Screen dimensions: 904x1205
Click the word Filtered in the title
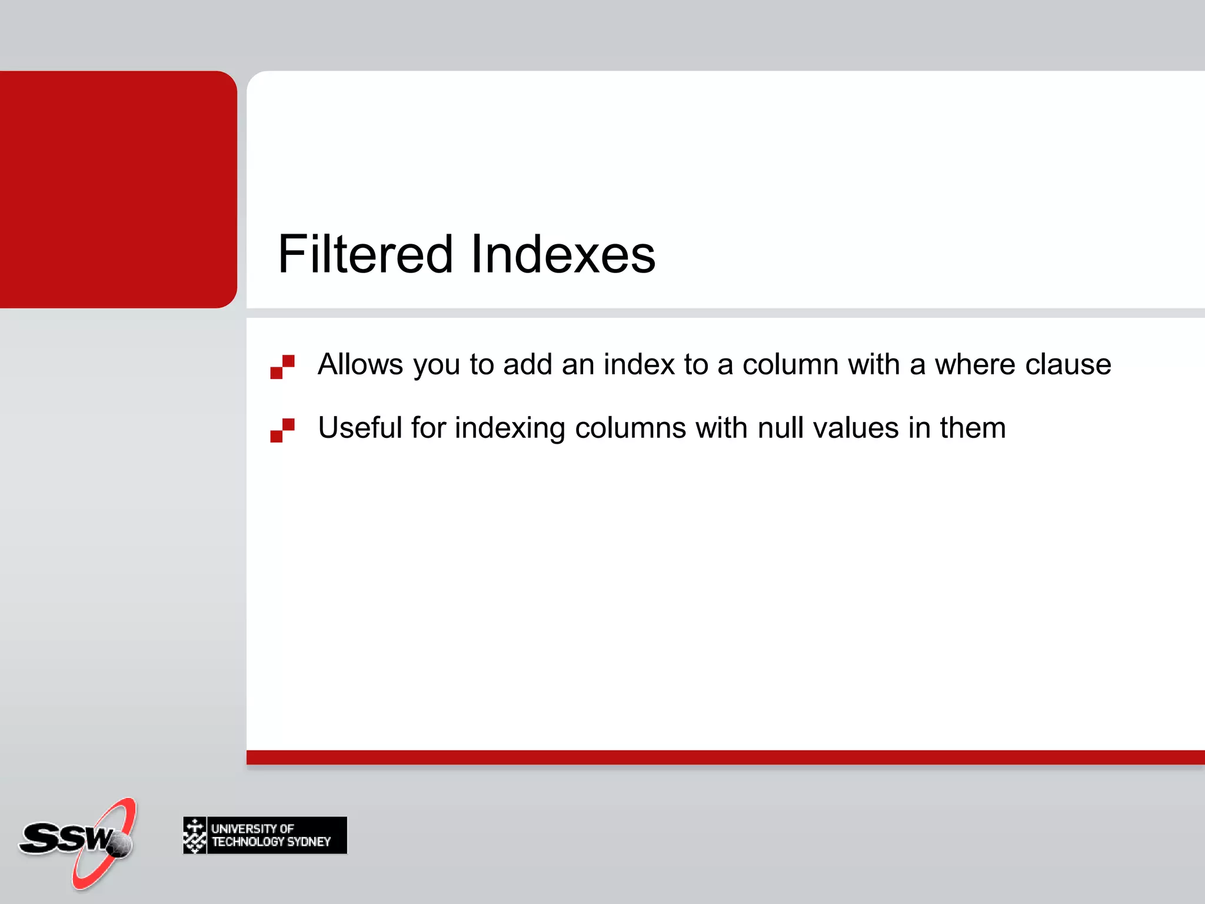pos(365,254)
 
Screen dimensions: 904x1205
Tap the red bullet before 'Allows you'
pos(282,367)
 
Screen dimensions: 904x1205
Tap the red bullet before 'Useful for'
pos(282,430)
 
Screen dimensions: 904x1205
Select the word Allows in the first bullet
pos(360,364)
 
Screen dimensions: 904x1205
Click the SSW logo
pos(76,842)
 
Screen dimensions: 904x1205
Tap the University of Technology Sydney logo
pos(265,835)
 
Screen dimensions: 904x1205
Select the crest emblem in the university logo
pos(195,835)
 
